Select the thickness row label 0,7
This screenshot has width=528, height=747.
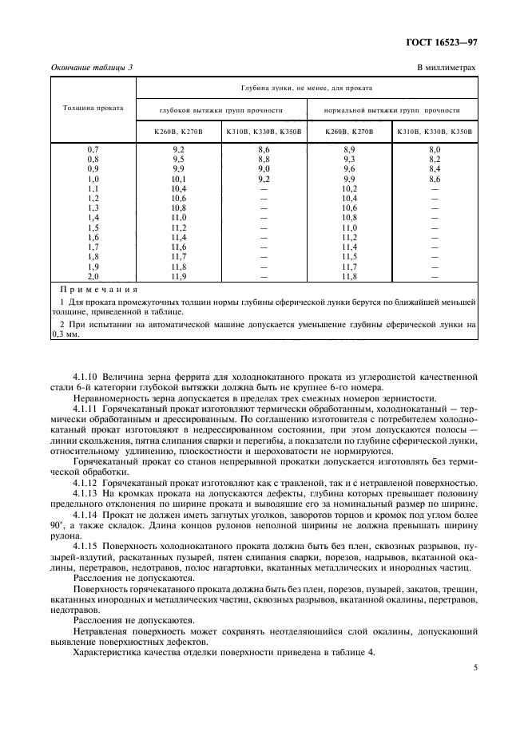point(93,149)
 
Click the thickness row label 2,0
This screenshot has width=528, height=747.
point(93,276)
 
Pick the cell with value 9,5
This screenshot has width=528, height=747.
point(178,159)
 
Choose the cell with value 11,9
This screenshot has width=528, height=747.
point(178,276)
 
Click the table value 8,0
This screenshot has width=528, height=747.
point(435,149)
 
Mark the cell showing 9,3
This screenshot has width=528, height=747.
point(349,159)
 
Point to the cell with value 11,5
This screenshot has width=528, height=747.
point(349,257)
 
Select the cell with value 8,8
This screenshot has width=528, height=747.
point(264,159)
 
